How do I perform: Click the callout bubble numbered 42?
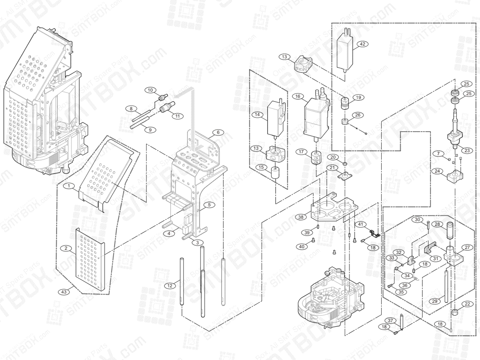tap(362, 44)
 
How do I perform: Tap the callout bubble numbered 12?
tap(170, 285)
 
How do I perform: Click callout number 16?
tap(297, 96)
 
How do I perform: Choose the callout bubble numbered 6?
tap(218, 132)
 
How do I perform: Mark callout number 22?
tap(466, 304)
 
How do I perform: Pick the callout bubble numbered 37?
tap(391, 320)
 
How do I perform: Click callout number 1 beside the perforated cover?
tap(69, 186)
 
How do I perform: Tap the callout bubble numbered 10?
tap(150, 90)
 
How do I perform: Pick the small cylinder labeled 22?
tap(454, 312)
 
